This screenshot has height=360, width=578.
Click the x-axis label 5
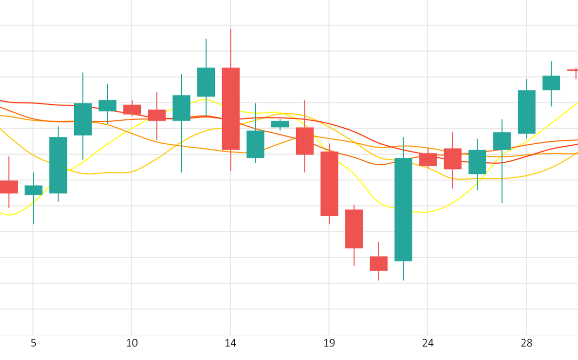click(33, 343)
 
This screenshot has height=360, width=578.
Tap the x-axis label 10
click(132, 343)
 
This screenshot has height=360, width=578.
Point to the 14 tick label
click(230, 343)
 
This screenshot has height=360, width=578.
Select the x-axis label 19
click(329, 343)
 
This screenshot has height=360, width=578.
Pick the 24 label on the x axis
click(427, 343)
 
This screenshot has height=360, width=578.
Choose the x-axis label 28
click(526, 343)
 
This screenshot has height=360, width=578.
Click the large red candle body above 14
click(231, 109)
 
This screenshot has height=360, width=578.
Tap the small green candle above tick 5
click(33, 190)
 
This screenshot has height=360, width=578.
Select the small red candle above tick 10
click(132, 110)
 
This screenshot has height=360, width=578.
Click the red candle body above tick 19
click(330, 184)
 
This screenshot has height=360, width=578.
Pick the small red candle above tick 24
click(428, 159)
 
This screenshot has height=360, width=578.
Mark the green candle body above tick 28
click(526, 112)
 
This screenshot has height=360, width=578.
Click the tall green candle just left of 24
click(403, 209)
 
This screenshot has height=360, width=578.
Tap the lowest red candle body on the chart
click(379, 264)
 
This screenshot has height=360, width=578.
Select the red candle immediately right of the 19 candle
click(354, 229)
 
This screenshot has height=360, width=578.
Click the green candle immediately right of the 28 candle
click(551, 83)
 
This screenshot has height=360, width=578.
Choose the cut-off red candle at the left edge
click(8, 187)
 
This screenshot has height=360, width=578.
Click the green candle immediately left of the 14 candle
click(206, 82)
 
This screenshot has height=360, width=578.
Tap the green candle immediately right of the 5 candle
click(58, 165)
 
